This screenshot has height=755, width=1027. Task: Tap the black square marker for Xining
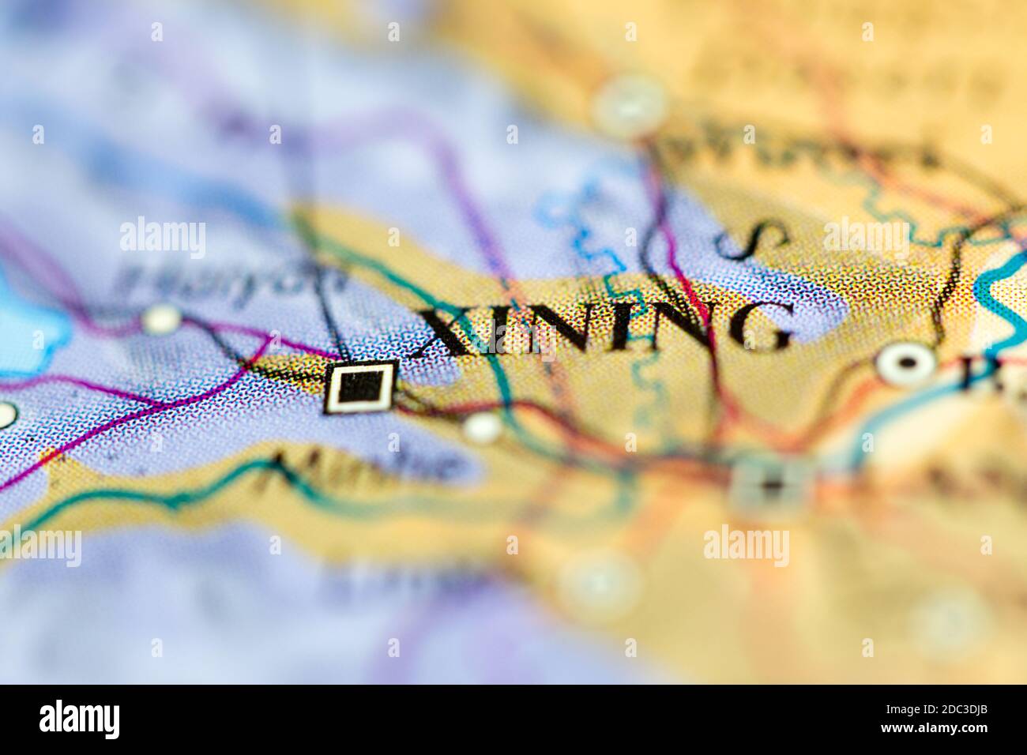click(360, 387)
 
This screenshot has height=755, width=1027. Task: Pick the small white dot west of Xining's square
click(163, 318)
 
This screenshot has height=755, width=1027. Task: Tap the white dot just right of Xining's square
click(482, 427)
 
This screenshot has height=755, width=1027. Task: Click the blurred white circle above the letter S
click(630, 106)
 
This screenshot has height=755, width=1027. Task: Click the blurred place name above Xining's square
click(232, 280)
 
